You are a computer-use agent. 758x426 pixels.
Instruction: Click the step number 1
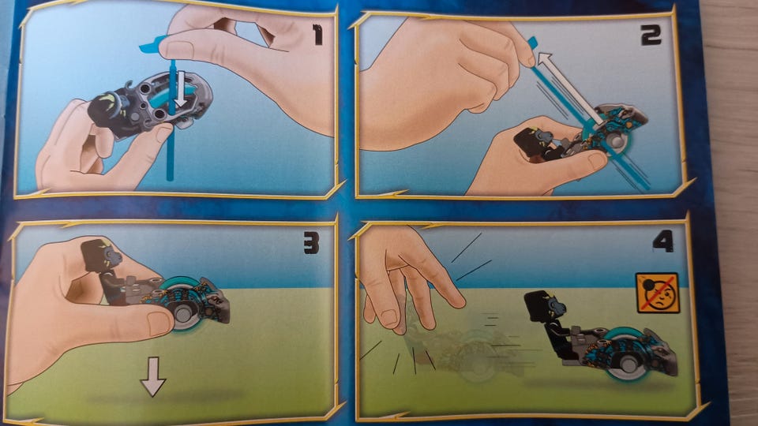pos(317,35)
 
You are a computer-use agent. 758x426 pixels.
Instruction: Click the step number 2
pos(651,35)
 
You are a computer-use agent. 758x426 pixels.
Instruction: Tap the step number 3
pos(311,243)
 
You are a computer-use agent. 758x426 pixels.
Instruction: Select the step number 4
pos(662,241)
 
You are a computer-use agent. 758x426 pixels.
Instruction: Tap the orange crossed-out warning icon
pos(658,293)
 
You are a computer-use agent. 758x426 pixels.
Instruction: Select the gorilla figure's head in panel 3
pos(100,255)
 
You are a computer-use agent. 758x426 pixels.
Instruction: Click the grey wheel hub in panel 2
pos(616,142)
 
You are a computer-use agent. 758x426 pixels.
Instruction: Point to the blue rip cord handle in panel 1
pos(152,44)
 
